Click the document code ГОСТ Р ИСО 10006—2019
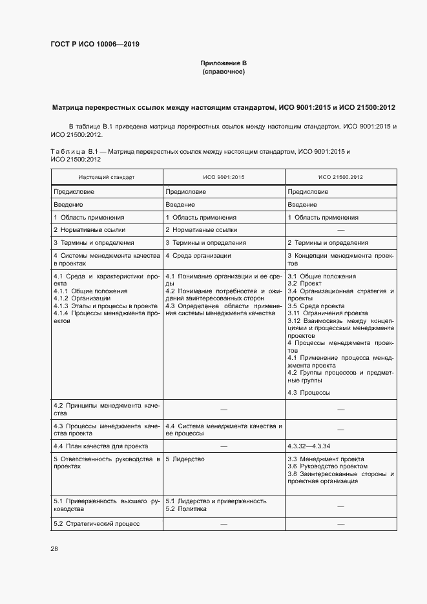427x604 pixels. tap(94, 45)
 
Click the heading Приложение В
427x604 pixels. tap(224, 63)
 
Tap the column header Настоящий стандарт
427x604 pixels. tap(107, 176)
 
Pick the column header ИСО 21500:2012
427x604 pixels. tap(340, 176)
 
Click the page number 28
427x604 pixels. tap(54, 548)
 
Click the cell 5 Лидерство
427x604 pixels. tap(185, 459)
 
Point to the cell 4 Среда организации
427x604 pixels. tap(198, 256)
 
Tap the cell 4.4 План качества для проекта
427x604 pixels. tap(100, 446)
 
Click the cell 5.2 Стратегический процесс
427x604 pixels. tap(96, 523)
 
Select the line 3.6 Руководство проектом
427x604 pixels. tap(327, 466)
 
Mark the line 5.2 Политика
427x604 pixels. tap(186, 508)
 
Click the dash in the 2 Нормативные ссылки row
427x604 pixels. tap(340, 230)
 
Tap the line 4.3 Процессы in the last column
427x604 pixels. tap(309, 392)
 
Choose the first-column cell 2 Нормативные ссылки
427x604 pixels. tap(89, 230)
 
